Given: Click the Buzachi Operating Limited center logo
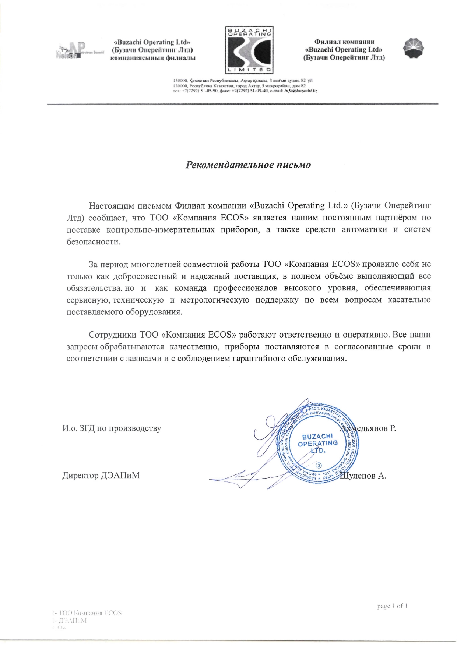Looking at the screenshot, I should click(249, 50).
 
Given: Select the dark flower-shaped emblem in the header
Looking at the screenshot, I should click(414, 48).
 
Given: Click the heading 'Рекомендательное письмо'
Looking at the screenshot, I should click(248, 165).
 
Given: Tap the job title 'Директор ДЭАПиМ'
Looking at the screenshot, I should click(101, 475).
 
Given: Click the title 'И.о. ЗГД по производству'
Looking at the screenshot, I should click(112, 428).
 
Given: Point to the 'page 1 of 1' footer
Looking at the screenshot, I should click(392, 606).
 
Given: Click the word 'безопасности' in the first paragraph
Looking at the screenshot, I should click(94, 242).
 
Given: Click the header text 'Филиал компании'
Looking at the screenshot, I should click(344, 42).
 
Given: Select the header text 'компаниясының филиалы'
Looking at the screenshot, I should click(153, 58).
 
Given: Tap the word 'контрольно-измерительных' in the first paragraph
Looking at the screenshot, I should click(161, 230).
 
